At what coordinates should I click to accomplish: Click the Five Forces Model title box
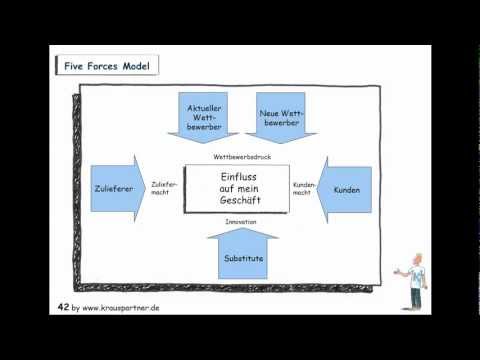coord(105,67)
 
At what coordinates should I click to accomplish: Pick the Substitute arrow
coord(243,255)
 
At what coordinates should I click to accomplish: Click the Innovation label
coord(240,222)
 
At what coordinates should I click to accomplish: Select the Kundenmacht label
coord(304,189)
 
